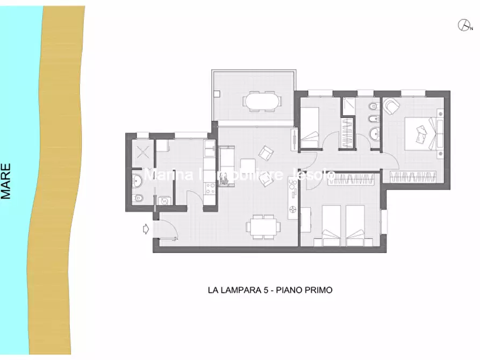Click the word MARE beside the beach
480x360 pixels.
click(7, 182)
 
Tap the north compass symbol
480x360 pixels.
click(463, 24)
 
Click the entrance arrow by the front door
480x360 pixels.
click(145, 229)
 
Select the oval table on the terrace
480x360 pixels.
click(262, 100)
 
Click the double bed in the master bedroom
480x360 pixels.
click(421, 132)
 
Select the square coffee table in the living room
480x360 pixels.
click(248, 165)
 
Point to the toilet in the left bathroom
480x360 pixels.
click(138, 198)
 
